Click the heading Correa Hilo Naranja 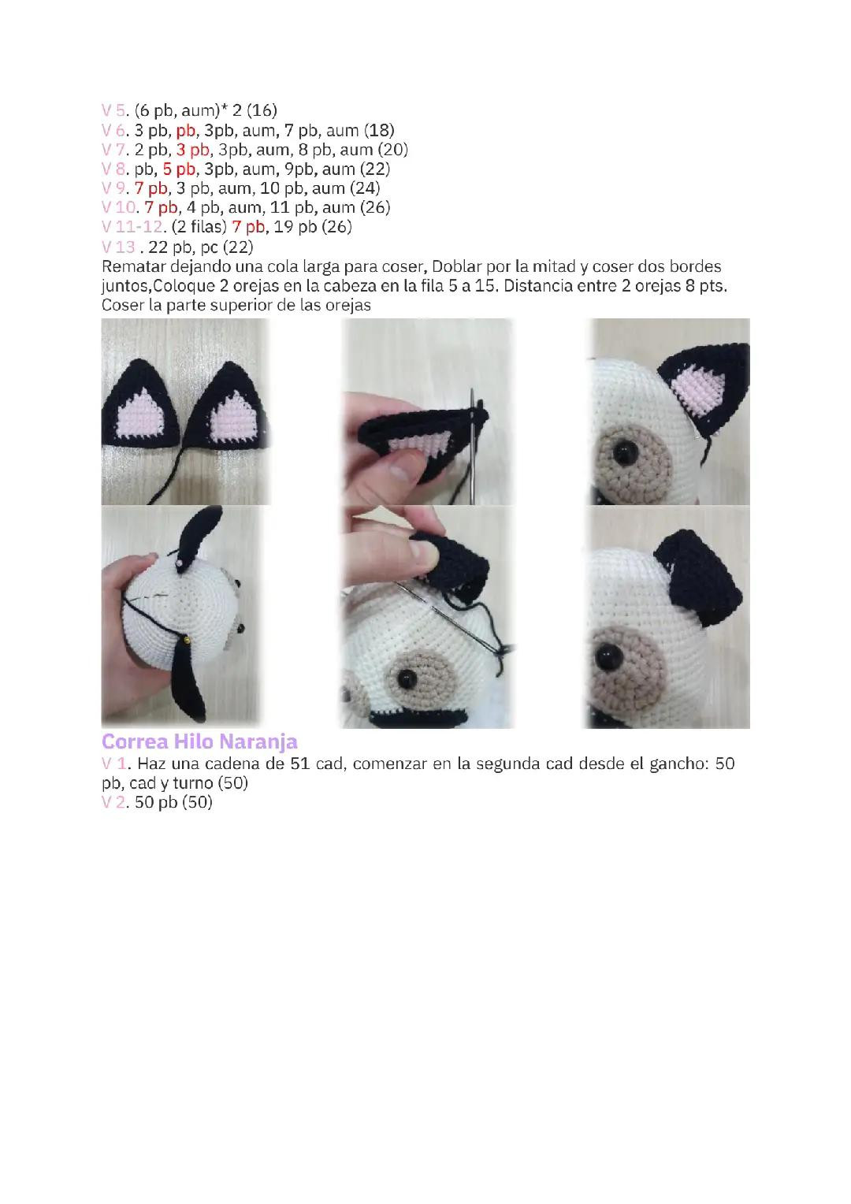[x=199, y=742]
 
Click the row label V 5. [x=115, y=110]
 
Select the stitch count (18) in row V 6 [x=379, y=130]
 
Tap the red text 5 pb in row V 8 [x=180, y=169]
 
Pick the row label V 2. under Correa [x=115, y=802]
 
